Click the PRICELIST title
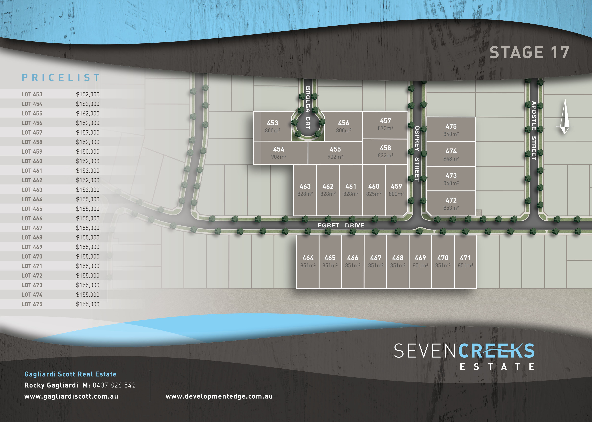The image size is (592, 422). click(61, 77)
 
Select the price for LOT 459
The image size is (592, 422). click(88, 151)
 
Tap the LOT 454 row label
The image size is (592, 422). click(32, 104)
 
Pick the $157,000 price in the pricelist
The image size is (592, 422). click(88, 133)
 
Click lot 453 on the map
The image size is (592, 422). click(272, 126)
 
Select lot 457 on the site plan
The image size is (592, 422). click(385, 124)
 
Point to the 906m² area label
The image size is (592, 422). click(279, 157)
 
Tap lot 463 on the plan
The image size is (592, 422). click(305, 190)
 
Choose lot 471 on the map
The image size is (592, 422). click(465, 261)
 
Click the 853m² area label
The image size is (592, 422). click(451, 208)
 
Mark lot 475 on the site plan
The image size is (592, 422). click(451, 130)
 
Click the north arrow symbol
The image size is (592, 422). click(564, 117)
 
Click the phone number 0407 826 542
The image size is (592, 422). click(114, 385)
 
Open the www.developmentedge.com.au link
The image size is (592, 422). click(219, 396)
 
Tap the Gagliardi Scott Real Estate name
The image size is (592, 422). click(70, 374)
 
